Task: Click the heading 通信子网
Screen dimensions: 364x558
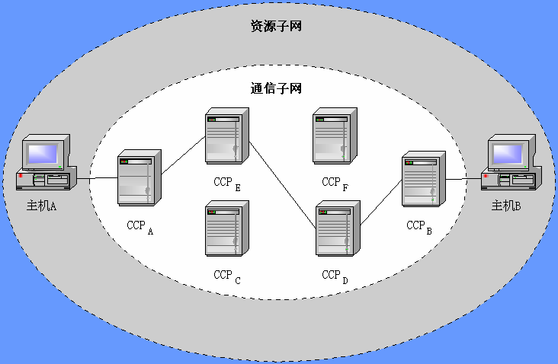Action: (276, 88)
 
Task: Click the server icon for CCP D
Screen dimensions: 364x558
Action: (335, 228)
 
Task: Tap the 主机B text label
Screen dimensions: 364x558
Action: (506, 205)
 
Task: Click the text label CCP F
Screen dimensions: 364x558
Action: (336, 183)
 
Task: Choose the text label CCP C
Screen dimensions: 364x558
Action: (227, 276)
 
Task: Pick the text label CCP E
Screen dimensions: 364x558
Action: (227, 184)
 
